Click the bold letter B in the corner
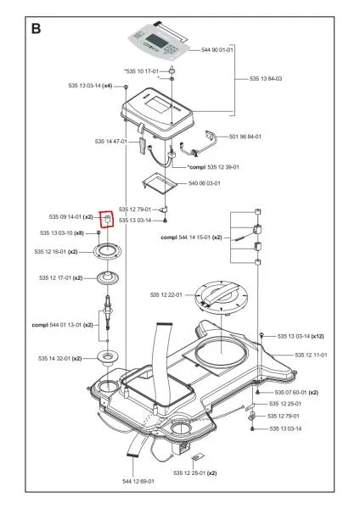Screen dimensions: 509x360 tap(37, 29)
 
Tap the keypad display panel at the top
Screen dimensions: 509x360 tap(160, 39)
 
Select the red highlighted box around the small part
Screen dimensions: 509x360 tap(107, 220)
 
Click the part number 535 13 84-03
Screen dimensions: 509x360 tap(266, 78)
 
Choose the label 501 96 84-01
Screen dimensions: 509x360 tap(245, 137)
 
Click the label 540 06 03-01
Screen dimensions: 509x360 tap(205, 182)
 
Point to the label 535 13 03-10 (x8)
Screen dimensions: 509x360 tap(62, 232)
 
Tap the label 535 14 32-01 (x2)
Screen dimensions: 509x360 tap(60, 359)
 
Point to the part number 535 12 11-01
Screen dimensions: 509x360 tap(311, 355)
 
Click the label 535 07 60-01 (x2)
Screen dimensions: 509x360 tap(296, 393)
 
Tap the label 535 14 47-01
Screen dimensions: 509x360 tap(111, 141)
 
